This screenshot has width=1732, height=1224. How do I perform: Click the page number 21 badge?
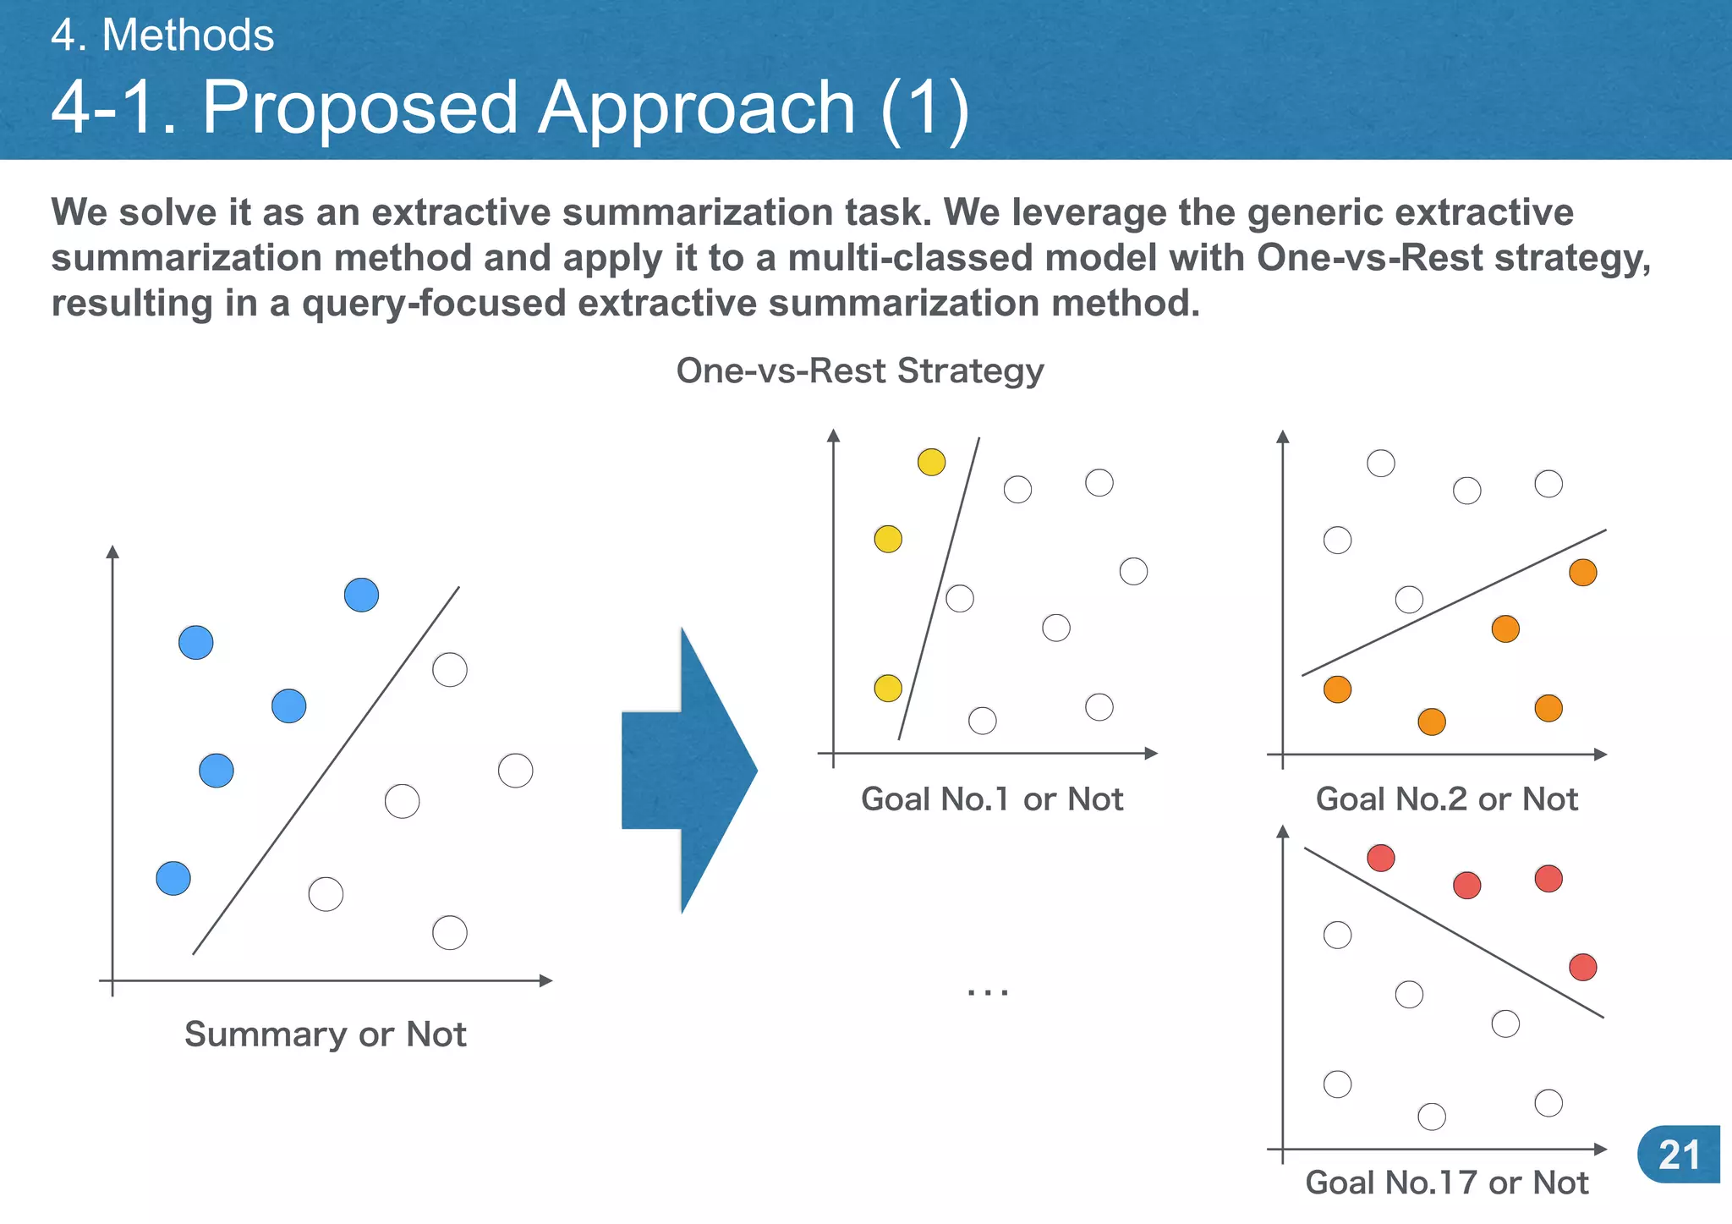1679,1155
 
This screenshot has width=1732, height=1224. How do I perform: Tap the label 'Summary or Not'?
326,1035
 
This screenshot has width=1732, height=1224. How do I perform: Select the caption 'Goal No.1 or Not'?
992,799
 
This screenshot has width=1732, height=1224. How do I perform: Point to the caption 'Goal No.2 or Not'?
1447,799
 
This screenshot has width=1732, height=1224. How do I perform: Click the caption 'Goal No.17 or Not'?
1447,1183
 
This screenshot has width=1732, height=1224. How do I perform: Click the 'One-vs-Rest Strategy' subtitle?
860,370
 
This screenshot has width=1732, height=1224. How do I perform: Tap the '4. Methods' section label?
162,36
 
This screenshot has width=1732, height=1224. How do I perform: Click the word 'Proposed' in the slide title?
359,107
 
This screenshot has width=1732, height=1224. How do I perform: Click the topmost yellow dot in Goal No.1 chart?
931,462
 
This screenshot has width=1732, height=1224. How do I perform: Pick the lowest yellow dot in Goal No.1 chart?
888,688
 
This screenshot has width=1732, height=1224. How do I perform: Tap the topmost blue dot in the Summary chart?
361,595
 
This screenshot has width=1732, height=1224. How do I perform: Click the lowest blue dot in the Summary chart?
173,878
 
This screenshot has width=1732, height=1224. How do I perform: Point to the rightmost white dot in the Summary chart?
515,771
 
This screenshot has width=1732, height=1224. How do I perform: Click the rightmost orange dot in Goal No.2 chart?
1582,573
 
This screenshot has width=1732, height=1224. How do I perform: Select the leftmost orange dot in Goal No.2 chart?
1337,689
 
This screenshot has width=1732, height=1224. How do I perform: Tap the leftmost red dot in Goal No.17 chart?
1380,858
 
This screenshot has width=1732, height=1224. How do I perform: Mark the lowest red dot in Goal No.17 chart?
1582,967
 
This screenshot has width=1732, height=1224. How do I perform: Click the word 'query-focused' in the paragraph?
434,303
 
